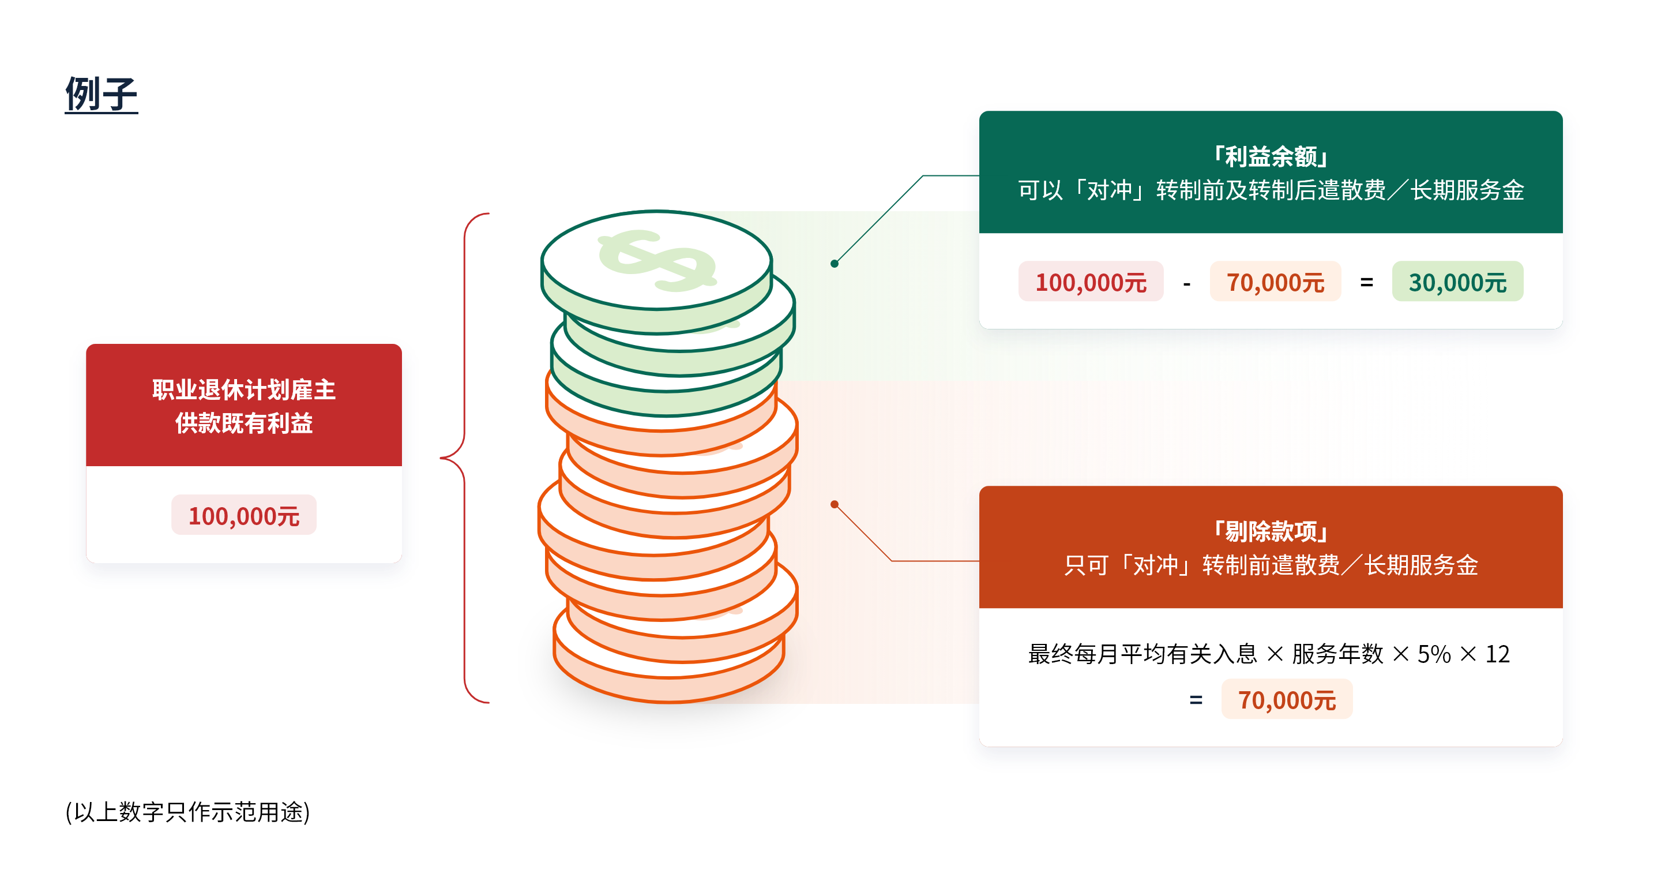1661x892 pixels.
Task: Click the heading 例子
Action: [102, 93]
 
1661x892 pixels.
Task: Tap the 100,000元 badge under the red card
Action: [244, 515]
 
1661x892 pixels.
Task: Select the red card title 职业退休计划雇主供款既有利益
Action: [244, 406]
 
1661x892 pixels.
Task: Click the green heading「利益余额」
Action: [1270, 156]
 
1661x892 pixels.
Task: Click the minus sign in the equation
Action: [1186, 283]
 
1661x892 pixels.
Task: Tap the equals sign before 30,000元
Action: [1366, 282]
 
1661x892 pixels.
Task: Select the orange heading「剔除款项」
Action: [1270, 531]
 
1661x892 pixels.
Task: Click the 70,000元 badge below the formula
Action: [1287, 699]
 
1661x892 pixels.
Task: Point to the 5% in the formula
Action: [1433, 654]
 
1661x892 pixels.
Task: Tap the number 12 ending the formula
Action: [1497, 654]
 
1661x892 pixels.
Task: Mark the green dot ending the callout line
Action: [835, 263]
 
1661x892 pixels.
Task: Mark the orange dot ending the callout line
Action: [835, 504]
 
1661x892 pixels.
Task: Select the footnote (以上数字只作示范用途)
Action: [187, 812]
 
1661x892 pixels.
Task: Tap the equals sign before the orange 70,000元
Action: [1196, 700]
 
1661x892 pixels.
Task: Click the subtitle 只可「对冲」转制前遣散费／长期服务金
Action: [1270, 565]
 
